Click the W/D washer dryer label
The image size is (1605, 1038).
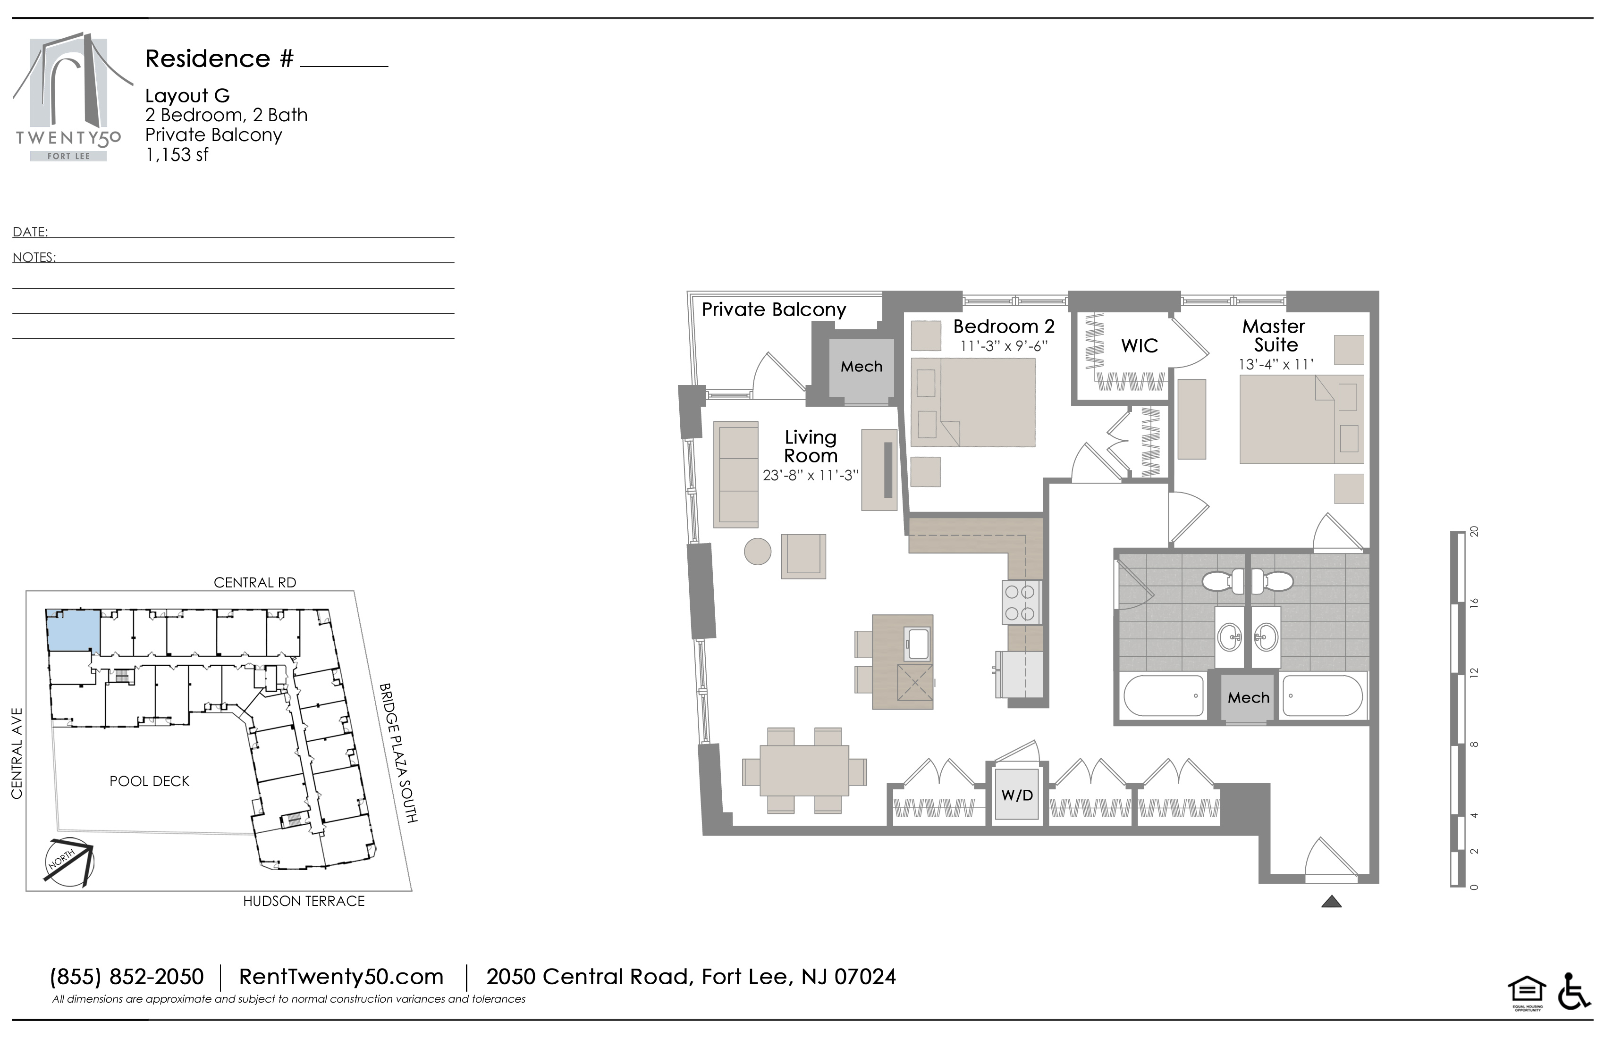click(x=1017, y=795)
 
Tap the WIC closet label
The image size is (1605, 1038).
click(x=1140, y=346)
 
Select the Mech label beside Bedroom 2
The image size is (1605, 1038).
click(x=861, y=367)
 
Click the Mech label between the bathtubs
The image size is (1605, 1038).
click(x=1248, y=698)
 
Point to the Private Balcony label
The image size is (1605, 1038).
click(x=774, y=310)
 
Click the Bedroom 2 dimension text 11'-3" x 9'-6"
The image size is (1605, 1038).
click(x=1004, y=346)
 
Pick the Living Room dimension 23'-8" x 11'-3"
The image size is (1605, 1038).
click(x=811, y=475)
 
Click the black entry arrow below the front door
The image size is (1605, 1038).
click(x=1331, y=901)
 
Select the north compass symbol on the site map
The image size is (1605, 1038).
click(x=69, y=862)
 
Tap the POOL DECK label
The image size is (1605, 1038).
click(x=150, y=781)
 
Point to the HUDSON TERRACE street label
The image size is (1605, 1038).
click(x=304, y=901)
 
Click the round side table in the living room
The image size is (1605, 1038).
click(x=757, y=552)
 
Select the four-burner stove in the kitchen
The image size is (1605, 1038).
click(x=1020, y=602)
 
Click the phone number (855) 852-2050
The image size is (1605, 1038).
click(x=127, y=977)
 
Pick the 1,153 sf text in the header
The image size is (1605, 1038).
click(x=177, y=154)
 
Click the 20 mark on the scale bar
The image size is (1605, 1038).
click(x=1474, y=532)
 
